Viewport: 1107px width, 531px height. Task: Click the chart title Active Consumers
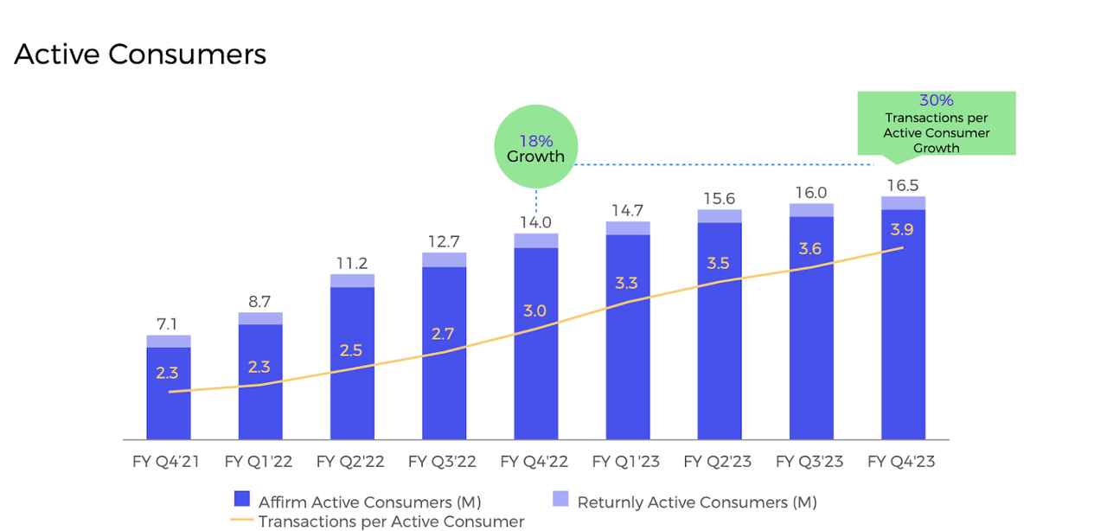pos(140,54)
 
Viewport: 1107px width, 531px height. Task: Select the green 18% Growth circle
pos(535,147)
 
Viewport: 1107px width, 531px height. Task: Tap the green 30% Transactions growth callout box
pos(936,124)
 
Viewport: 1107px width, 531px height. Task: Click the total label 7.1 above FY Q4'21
pos(168,324)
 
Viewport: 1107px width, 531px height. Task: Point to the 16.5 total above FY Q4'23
pos(903,185)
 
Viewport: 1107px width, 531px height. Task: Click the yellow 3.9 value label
pos(903,229)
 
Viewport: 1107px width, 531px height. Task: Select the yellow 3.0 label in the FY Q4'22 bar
pos(535,310)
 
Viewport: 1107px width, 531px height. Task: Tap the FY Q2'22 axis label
pos(351,462)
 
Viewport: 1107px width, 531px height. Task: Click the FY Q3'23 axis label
pos(810,462)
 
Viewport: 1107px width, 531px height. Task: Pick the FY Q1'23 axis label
pos(626,462)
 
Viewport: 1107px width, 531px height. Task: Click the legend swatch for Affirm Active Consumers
pos(242,500)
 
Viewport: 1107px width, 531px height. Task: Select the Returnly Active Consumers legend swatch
pos(560,500)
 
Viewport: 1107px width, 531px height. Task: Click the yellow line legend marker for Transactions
pos(242,521)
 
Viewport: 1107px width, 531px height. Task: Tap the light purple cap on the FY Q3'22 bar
pos(444,259)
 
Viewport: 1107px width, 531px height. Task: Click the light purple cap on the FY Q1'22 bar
pos(260,318)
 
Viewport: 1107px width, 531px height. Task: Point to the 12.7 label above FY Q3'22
pos(444,241)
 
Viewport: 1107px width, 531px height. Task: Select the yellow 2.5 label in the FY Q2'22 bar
pos(351,350)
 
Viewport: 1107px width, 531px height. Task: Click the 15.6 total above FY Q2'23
pos(719,198)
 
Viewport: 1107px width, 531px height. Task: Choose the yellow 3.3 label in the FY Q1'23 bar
pos(626,283)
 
